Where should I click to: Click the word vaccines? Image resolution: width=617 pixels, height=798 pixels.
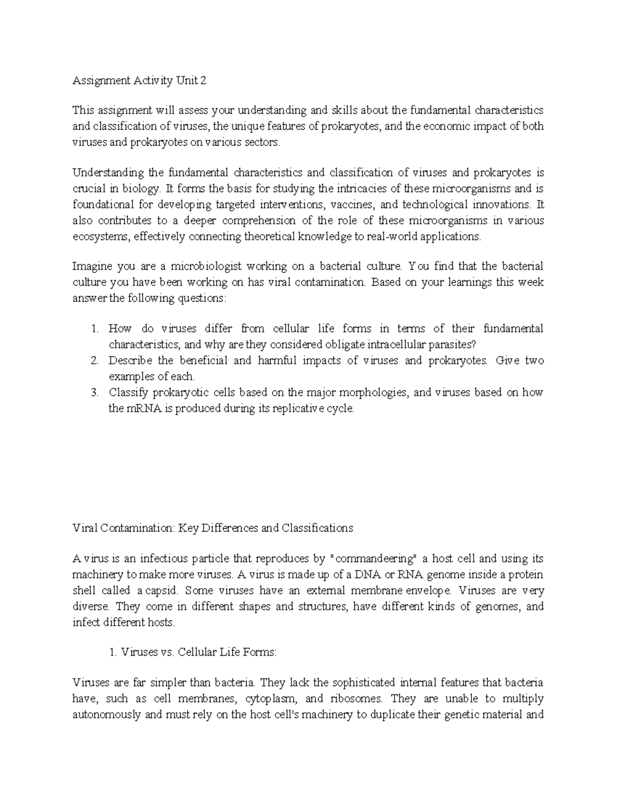353,205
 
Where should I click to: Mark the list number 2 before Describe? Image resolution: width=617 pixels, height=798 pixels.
94,361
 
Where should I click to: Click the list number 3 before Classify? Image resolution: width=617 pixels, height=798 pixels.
94,393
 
